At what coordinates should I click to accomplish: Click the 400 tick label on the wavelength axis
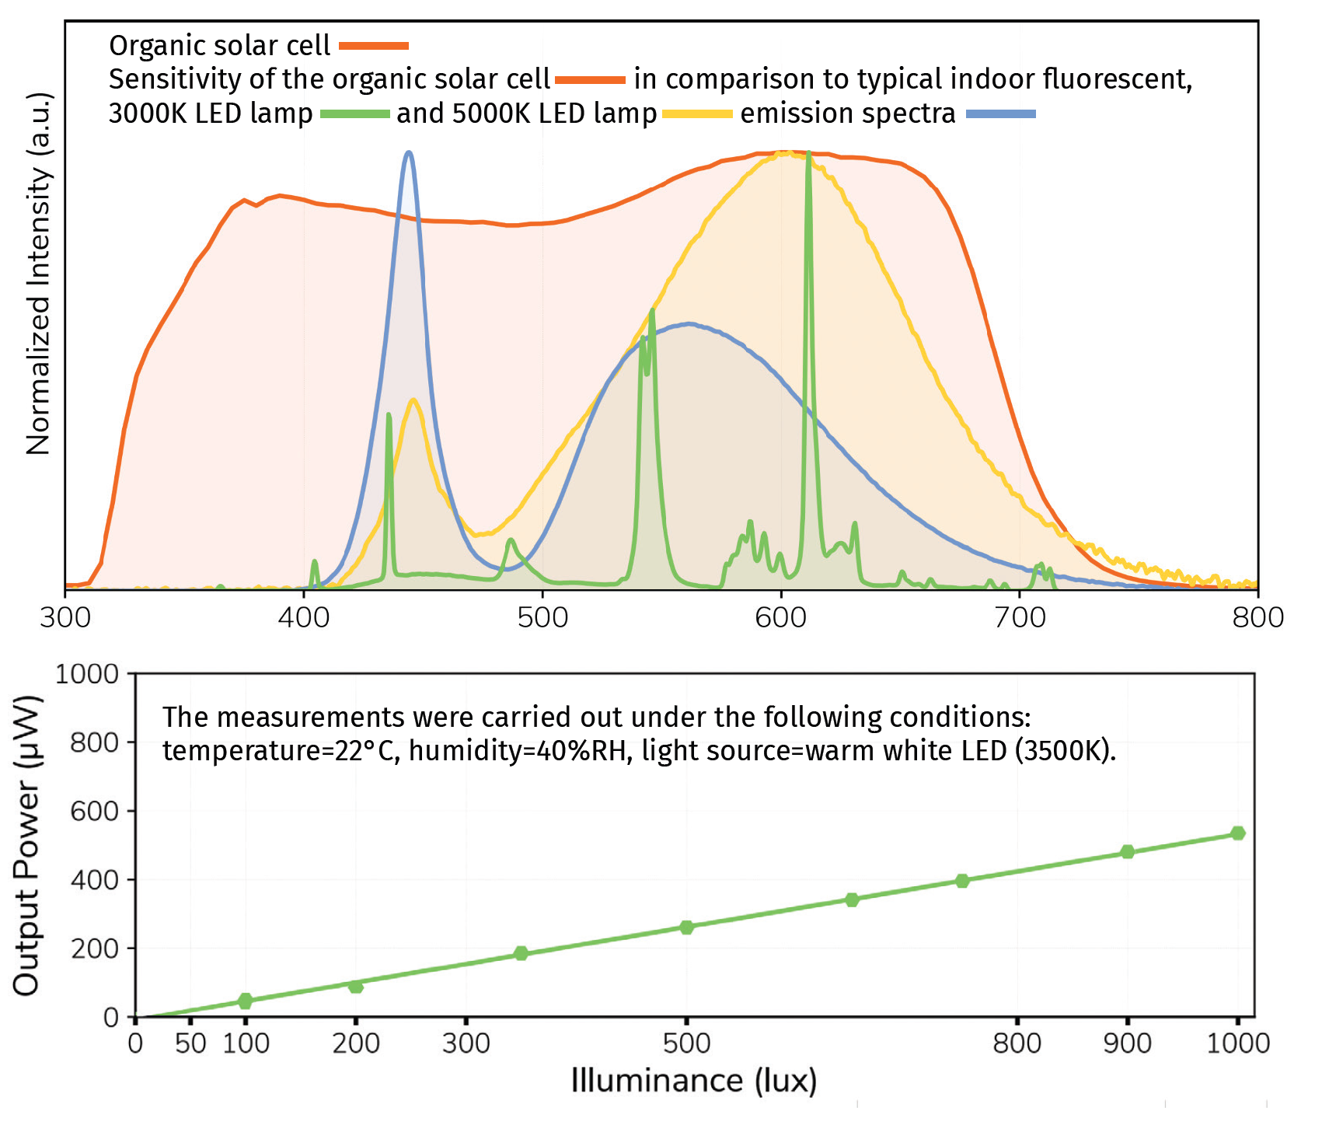304,618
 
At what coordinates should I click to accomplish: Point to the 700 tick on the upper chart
1020,618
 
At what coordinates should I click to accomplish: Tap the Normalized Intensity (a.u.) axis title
38,274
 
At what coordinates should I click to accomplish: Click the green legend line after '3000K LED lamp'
354,114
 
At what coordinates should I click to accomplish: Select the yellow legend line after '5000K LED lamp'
697,114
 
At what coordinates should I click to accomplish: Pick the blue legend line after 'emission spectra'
1000,114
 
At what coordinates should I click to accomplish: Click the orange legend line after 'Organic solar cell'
374,46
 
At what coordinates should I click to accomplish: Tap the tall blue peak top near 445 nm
410,153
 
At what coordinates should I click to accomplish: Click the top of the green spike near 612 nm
808,154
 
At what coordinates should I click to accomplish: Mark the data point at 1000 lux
1238,833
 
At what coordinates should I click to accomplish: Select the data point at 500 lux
686,927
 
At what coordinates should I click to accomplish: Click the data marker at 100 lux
246,1001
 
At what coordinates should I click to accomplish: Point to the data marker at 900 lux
1128,852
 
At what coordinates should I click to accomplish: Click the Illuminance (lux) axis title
693,1081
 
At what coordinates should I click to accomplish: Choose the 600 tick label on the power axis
94,811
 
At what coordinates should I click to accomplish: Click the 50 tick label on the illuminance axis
190,1043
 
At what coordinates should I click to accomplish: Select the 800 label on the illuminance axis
1017,1043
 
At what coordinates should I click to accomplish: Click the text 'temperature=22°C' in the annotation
281,752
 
